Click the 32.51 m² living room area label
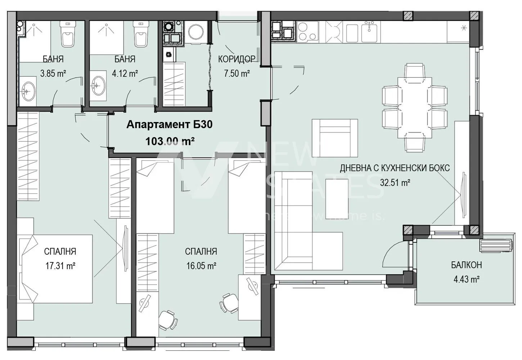[395, 183]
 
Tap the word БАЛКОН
[466, 265]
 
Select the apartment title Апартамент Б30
[169, 125]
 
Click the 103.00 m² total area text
[170, 141]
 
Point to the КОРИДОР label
[237, 59]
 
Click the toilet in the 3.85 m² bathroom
[68, 34]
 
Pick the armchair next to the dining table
[335, 138]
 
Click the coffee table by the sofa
[337, 197]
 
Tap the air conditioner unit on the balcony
[496, 245]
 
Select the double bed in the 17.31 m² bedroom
[56, 268]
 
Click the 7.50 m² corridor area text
[237, 74]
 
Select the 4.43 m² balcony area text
[466, 279]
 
